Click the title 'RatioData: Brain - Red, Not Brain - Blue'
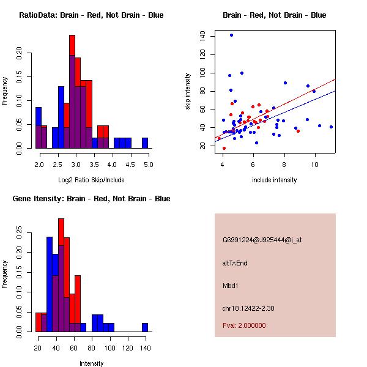click(x=91, y=15)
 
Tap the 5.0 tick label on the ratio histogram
click(x=148, y=165)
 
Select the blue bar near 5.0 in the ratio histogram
click(x=145, y=143)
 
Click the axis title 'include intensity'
click(x=275, y=180)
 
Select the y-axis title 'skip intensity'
click(x=188, y=92)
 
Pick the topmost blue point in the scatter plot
click(x=231, y=35)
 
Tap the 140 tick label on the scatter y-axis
click(x=202, y=37)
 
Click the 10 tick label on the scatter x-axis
click(x=315, y=165)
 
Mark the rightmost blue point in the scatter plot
click(x=331, y=127)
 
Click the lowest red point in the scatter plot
click(x=224, y=148)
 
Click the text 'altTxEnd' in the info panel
click(x=235, y=263)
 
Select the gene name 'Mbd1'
click(x=231, y=286)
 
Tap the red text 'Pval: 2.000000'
click(x=244, y=325)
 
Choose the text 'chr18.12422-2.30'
click(x=248, y=308)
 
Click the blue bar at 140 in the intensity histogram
click(x=145, y=327)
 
